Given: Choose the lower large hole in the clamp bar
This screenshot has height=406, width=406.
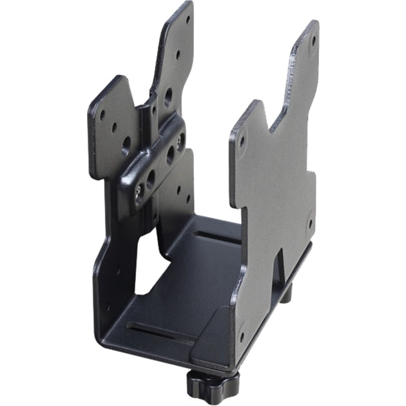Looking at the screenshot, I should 150,177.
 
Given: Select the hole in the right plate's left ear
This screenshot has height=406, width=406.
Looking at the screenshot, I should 243,137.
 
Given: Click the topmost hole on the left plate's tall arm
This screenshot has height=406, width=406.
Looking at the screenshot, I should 188,19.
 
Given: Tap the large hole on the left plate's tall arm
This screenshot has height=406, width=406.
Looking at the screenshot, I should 168,97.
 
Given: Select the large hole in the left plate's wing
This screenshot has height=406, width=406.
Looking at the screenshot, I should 126,142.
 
